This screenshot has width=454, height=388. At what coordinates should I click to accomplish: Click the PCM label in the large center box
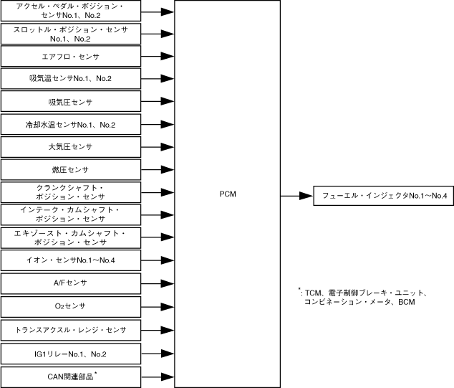click(x=228, y=194)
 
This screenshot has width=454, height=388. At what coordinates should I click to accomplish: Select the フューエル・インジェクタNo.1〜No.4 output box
click(x=384, y=196)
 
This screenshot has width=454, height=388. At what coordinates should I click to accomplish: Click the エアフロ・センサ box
click(x=70, y=56)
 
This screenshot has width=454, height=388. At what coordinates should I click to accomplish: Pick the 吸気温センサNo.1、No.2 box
click(x=70, y=78)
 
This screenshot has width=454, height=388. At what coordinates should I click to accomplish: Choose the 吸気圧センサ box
click(x=70, y=102)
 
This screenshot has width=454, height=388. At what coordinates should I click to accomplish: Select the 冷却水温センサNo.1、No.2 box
click(x=70, y=125)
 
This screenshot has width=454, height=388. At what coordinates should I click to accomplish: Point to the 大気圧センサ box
click(x=70, y=147)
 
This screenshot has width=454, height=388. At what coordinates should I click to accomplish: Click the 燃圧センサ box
click(x=70, y=170)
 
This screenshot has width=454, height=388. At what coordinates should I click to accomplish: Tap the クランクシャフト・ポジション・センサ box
click(x=70, y=192)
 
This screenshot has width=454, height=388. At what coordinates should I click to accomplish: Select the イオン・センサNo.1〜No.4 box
click(x=70, y=260)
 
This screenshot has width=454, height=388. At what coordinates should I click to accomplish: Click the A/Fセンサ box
click(x=70, y=283)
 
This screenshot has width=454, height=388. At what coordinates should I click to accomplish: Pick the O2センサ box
click(x=70, y=306)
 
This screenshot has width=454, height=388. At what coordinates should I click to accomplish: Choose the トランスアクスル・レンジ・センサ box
click(x=70, y=329)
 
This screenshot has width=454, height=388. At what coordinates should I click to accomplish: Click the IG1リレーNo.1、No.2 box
click(x=70, y=353)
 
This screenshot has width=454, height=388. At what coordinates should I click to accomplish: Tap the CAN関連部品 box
click(x=70, y=376)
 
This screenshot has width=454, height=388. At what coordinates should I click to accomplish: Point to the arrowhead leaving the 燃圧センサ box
click(x=167, y=170)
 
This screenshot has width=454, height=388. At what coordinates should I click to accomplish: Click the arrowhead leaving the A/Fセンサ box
click(x=167, y=283)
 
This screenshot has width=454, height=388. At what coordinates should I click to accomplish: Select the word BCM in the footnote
click(x=407, y=302)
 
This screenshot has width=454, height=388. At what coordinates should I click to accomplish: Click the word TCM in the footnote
click(x=313, y=293)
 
